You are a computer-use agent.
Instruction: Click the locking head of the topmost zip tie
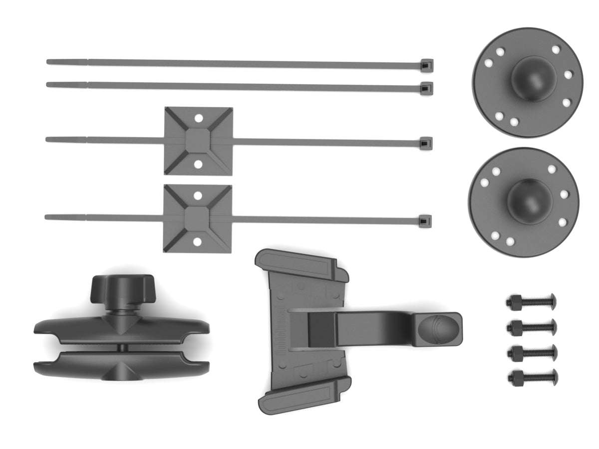[x=427, y=65]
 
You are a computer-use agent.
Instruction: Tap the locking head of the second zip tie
[x=426, y=89]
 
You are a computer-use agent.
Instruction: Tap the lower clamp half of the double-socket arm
[x=122, y=364]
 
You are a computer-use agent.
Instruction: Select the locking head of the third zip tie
[x=426, y=143]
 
